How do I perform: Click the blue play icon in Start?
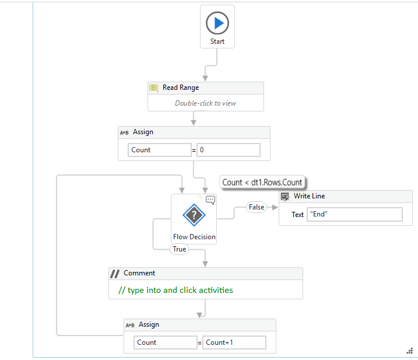click(x=217, y=23)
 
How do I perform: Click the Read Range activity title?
click(x=180, y=88)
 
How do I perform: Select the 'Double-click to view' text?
click(x=205, y=103)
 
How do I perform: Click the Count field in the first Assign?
click(x=159, y=150)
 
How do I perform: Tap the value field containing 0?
click(x=228, y=150)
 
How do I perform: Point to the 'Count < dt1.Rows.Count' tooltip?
click(x=263, y=182)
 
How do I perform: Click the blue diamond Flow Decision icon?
click(x=194, y=216)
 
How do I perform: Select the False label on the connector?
click(x=256, y=207)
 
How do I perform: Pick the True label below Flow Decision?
click(x=179, y=249)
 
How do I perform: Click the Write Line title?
click(x=309, y=197)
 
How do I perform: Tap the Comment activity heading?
click(x=139, y=273)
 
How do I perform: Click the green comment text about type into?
click(x=175, y=290)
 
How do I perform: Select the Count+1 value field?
click(x=234, y=342)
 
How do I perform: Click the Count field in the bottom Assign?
click(x=165, y=342)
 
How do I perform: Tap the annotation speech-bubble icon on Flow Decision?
click(x=210, y=200)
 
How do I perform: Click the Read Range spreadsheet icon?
click(x=154, y=88)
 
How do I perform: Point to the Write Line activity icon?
click(x=285, y=197)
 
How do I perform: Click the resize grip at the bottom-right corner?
click(x=409, y=351)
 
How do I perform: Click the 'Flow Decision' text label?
click(x=194, y=237)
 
